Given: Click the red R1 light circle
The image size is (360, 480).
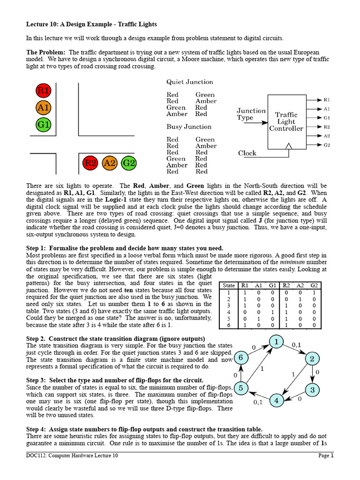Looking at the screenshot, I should (44, 90).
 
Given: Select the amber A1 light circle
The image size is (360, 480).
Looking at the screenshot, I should (44, 108).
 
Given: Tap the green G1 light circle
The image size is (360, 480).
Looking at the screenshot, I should (44, 125).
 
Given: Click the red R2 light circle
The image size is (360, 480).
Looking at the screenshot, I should (90, 163).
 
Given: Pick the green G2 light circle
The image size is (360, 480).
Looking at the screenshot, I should (128, 163).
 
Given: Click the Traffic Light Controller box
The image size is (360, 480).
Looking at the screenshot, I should (286, 121).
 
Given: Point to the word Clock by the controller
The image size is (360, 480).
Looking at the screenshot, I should (247, 153).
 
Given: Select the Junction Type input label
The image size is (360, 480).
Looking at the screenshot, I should (251, 114).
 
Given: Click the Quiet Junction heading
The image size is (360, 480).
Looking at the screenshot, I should (189, 82).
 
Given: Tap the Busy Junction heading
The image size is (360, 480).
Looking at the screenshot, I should (188, 127).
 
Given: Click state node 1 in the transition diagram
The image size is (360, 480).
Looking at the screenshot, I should (277, 342).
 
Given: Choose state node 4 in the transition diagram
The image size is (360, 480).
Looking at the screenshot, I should (277, 401).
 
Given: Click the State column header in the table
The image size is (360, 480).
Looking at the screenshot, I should (229, 285).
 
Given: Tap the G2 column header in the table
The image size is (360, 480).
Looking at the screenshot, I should (314, 285).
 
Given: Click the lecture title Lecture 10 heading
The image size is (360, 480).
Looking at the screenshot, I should (91, 24).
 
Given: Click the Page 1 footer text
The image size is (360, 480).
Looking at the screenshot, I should (326, 455).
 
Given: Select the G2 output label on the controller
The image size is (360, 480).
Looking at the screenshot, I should (327, 145).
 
